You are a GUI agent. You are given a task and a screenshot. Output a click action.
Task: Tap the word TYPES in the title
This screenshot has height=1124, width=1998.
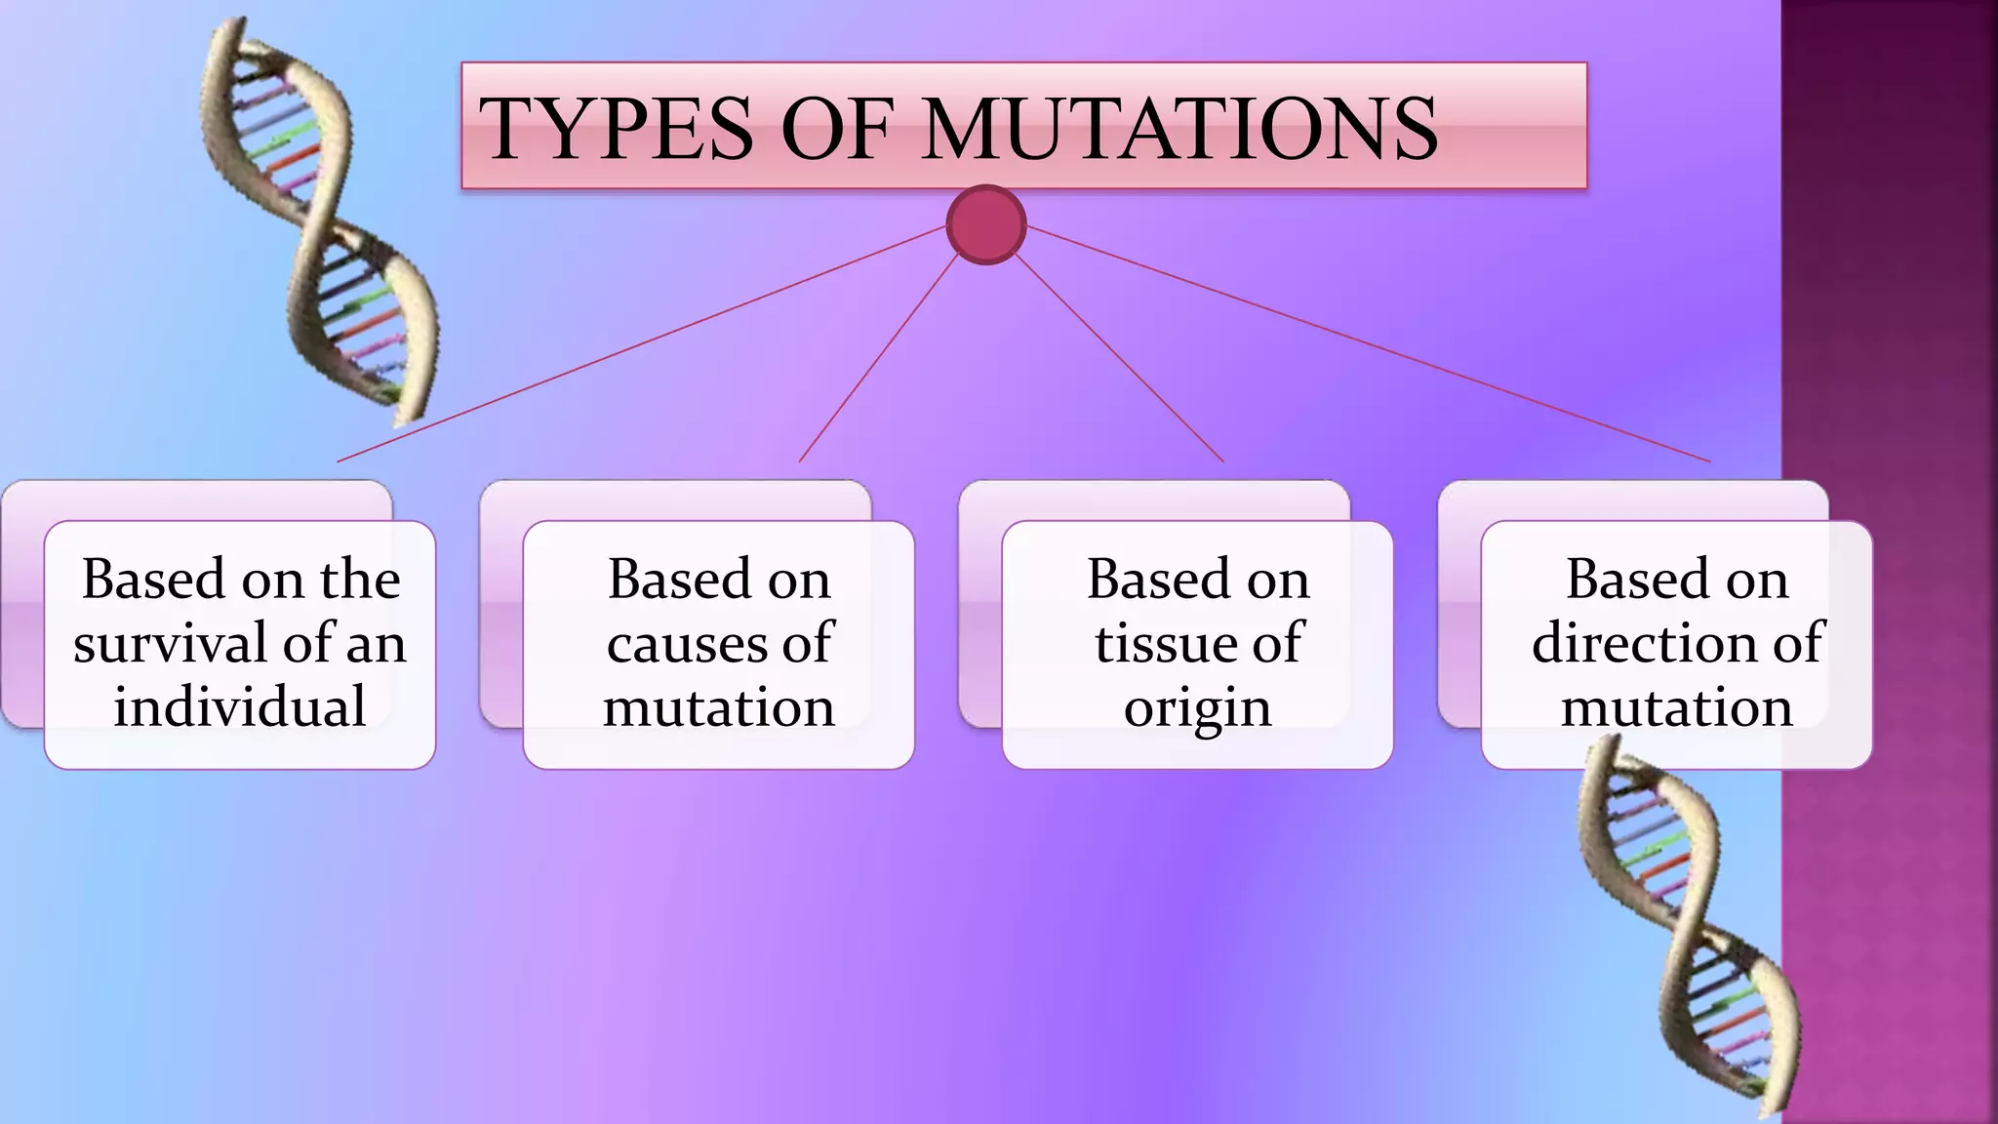(617, 129)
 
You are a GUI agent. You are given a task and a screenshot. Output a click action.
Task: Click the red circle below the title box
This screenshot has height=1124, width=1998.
(985, 224)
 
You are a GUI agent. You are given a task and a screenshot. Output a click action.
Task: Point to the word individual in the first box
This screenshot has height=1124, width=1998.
(239, 707)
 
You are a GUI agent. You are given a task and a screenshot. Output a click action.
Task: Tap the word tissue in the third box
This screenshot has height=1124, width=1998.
(1158, 644)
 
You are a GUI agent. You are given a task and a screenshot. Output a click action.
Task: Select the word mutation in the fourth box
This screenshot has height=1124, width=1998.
(1676, 707)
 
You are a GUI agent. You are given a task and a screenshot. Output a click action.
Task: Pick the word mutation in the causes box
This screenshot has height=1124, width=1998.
(718, 707)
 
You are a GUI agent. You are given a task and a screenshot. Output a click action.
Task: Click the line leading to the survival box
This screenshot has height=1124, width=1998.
(644, 343)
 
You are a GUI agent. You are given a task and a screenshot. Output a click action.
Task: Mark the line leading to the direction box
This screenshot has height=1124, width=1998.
(1366, 343)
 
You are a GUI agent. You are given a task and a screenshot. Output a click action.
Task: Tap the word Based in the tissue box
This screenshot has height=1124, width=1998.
(1158, 580)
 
